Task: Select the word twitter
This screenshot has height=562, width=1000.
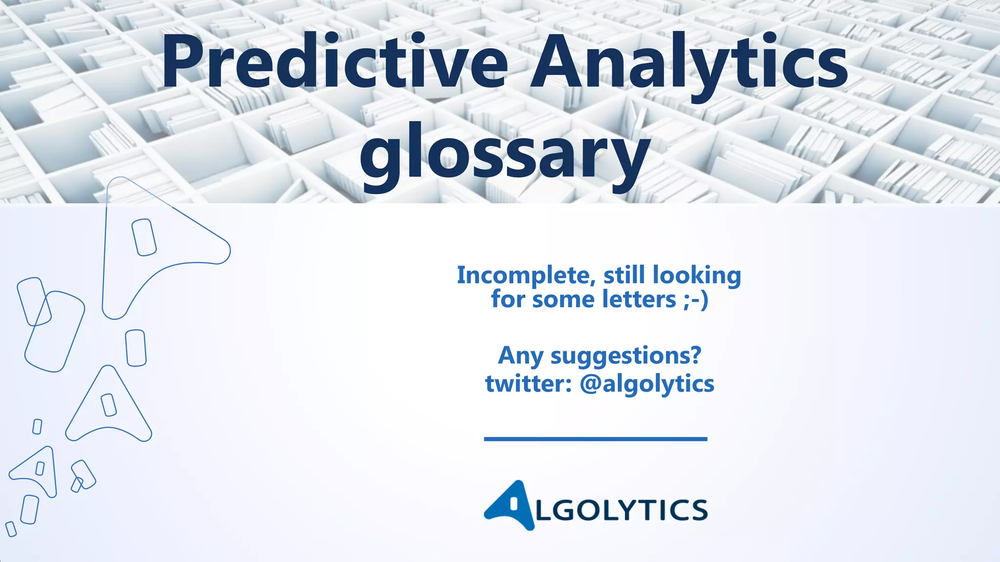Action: [x=524, y=384]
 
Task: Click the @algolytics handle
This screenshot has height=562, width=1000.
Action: [x=647, y=384]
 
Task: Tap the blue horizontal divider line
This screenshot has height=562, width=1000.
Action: [x=595, y=439]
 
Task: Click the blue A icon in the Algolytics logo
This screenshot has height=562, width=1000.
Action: [x=509, y=505]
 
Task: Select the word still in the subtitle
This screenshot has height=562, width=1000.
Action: [x=624, y=276]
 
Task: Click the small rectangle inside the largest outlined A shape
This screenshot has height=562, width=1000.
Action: [x=144, y=237]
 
